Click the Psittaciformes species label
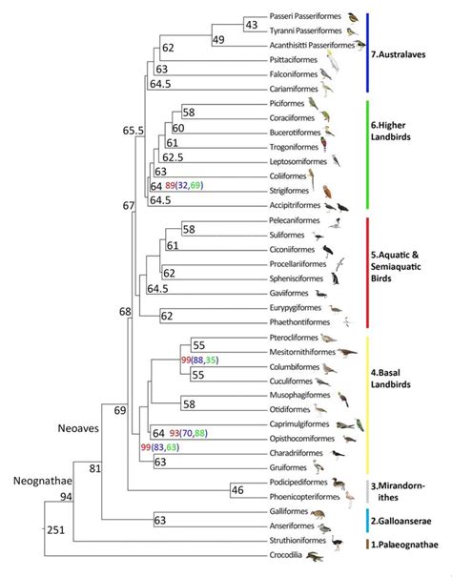(294, 60)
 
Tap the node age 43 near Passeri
(252, 25)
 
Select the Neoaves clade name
(78, 428)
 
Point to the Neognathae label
(43, 481)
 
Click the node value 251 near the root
(55, 530)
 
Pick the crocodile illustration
(315, 556)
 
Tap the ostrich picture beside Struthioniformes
(337, 543)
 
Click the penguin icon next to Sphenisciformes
(335, 278)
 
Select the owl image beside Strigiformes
(327, 192)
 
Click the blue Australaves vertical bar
(367, 52)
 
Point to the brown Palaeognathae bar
(367, 545)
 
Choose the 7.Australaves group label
(398, 54)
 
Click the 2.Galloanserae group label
(401, 521)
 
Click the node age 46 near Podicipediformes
(237, 490)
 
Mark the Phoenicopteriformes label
(305, 497)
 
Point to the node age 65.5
(134, 131)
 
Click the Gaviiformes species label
(289, 294)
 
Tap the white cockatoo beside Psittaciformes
(334, 61)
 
